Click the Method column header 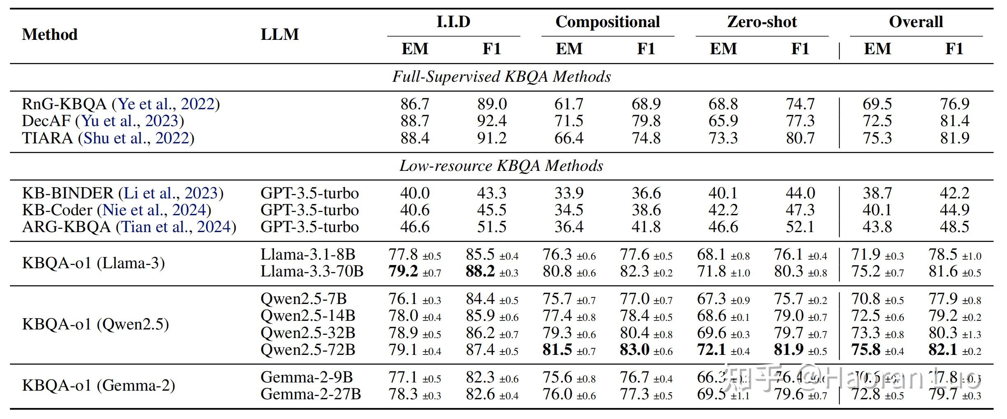50,35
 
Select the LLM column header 279,35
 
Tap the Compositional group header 607,22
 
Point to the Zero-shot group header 762,22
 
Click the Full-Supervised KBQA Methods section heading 501,77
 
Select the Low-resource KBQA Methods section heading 501,166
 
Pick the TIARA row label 47,138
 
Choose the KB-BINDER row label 67,193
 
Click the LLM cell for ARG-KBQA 309,227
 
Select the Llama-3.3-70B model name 312,272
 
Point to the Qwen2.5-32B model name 308,333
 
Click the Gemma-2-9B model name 307,377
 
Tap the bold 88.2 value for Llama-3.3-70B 480,272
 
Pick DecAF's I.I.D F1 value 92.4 492,121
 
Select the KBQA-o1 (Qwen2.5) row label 95,324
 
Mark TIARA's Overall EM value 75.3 877,138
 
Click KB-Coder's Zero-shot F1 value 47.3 800,210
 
